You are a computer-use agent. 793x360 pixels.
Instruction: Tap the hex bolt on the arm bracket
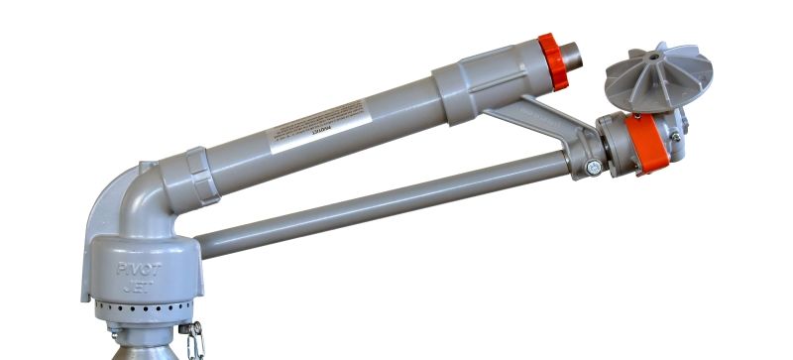pyautogui.click(x=592, y=169)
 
